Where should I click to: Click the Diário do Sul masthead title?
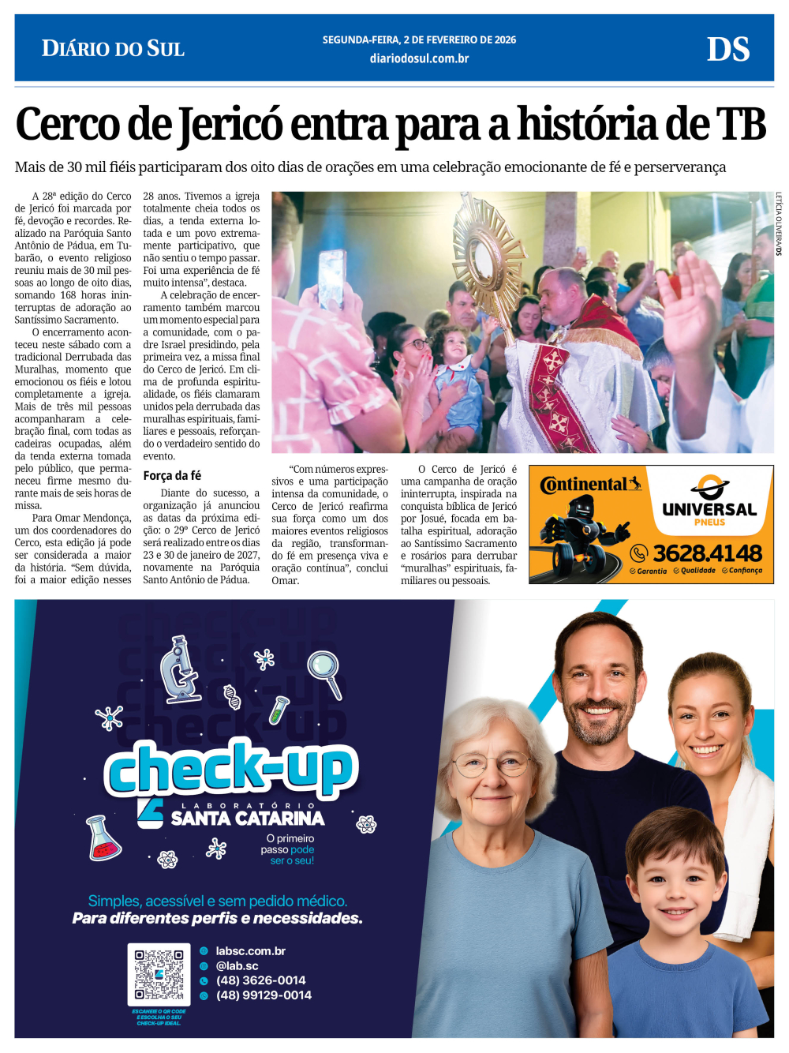click(x=113, y=49)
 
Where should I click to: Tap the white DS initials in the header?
click(x=727, y=50)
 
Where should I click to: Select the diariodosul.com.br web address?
click(x=419, y=58)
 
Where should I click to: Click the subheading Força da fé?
click(x=172, y=475)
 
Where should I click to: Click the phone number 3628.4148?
click(x=707, y=553)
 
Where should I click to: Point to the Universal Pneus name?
click(x=709, y=511)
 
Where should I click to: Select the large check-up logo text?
click(x=230, y=767)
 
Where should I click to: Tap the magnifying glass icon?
click(x=324, y=672)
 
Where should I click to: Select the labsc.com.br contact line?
click(x=250, y=951)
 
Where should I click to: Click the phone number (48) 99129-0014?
click(x=264, y=995)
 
